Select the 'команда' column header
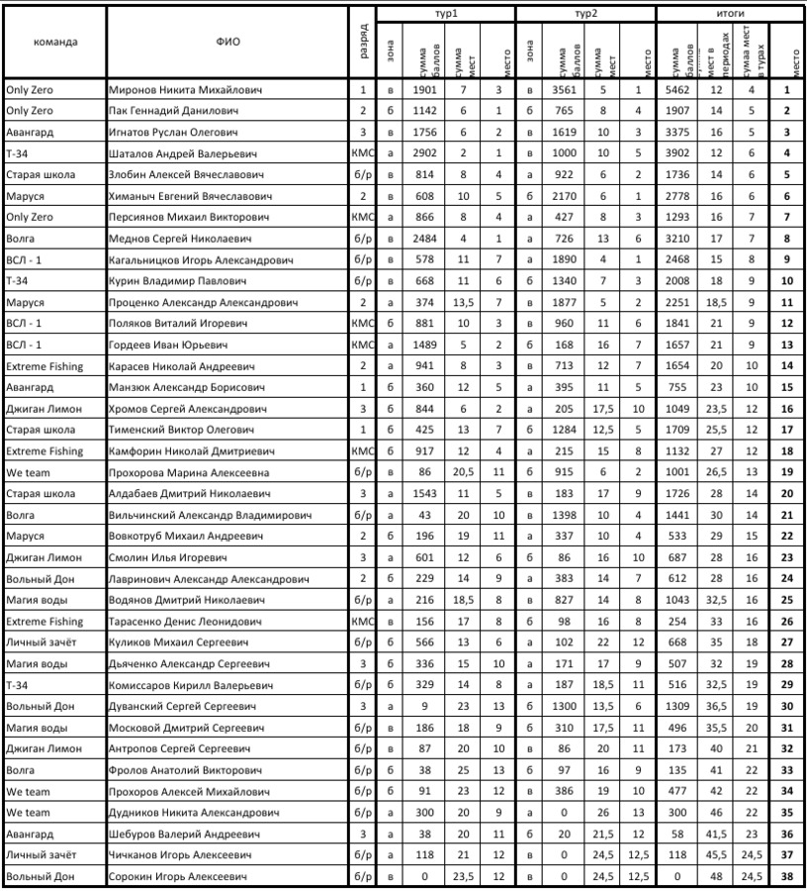[x=55, y=43]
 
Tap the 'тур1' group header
[x=446, y=15]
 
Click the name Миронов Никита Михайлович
[x=185, y=90]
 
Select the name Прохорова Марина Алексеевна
[x=189, y=472]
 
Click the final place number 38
[x=785, y=877]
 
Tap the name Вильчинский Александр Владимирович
[x=210, y=515]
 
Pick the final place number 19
[x=785, y=472]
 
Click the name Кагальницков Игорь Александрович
[x=201, y=259]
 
